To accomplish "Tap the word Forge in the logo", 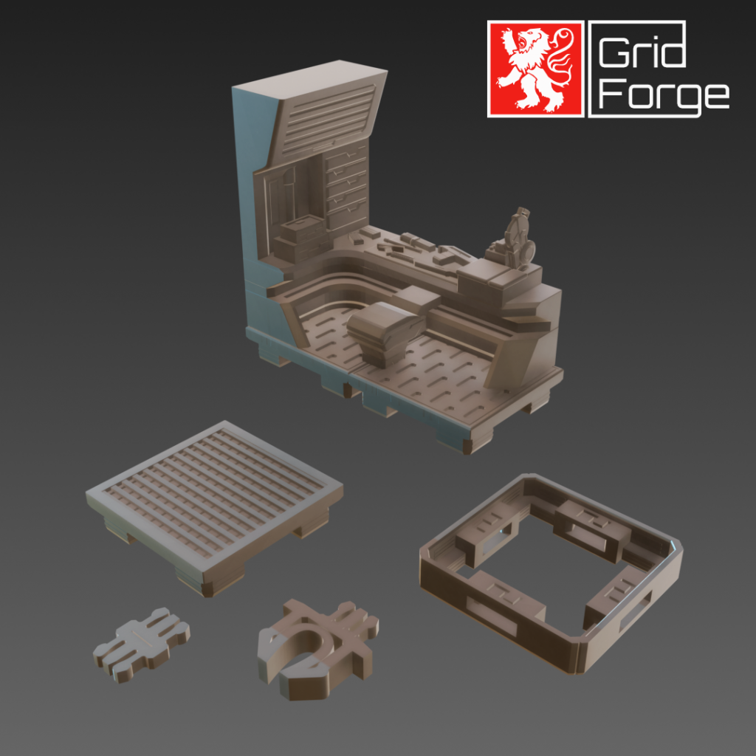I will [x=661, y=94].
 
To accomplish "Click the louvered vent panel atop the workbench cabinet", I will [x=327, y=114].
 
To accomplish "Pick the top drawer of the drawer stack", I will [x=347, y=157].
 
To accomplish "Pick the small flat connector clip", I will [x=140, y=643].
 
